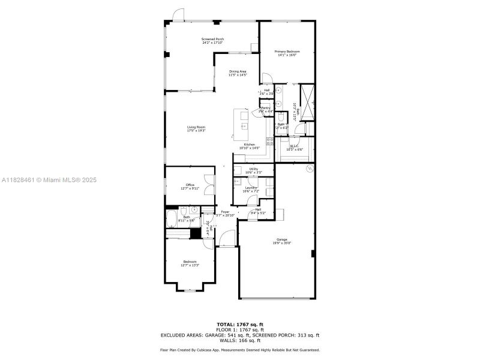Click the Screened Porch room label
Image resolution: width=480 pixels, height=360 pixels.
point(212,41)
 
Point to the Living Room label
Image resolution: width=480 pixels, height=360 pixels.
point(196,128)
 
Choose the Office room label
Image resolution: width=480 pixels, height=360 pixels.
point(190,186)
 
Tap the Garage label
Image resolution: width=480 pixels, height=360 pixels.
point(281,241)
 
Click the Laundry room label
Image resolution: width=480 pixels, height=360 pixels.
point(251,189)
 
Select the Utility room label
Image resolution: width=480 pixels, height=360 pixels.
point(253,170)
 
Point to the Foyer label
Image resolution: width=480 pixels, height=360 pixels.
point(225,213)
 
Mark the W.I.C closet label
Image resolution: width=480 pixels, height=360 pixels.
point(295,147)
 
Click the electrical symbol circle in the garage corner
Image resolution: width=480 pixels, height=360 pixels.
point(310,170)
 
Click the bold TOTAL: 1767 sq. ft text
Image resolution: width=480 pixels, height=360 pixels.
point(239,325)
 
